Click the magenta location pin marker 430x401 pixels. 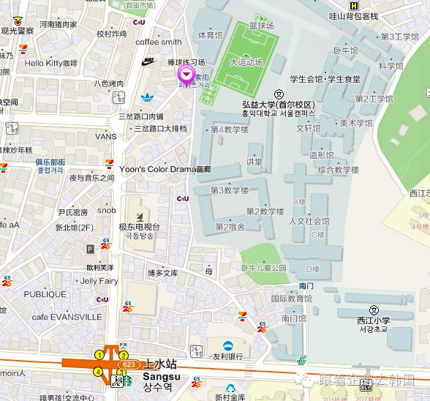(186, 75)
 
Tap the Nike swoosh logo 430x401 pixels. (149, 61)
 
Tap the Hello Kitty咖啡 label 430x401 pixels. (50, 64)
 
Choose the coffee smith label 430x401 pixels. (158, 42)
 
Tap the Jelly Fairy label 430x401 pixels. (99, 281)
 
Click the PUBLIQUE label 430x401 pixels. (45, 294)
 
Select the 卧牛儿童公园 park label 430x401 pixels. (264, 269)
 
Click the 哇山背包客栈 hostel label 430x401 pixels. (353, 16)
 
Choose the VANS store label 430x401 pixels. (105, 136)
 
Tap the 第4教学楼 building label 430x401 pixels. (229, 130)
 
